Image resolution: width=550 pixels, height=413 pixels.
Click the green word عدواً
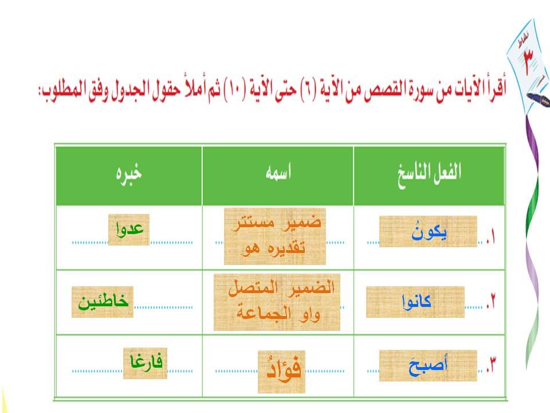click(129, 229)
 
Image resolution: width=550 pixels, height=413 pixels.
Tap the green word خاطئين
click(103, 302)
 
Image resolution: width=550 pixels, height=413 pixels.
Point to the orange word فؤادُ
click(282, 371)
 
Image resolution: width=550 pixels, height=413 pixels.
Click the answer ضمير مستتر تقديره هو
click(275, 236)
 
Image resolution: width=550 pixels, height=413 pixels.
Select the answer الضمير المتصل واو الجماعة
click(277, 302)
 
